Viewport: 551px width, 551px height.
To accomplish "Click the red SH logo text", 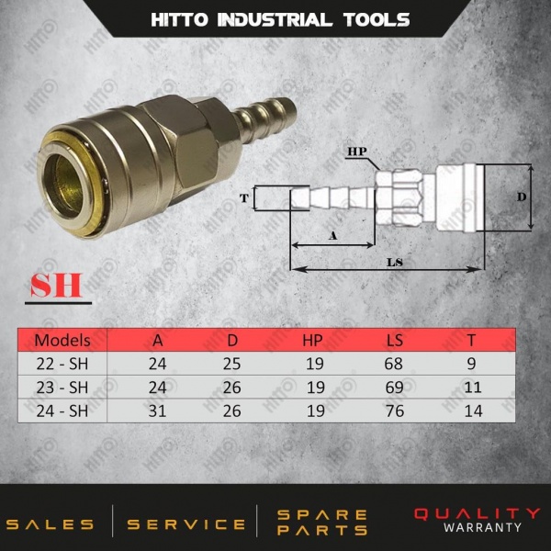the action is (56, 285).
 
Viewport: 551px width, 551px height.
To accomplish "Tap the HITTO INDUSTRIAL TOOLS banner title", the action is (280, 19).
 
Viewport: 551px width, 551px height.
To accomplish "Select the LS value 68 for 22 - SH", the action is (393, 364).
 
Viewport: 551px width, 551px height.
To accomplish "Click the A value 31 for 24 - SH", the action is (157, 410).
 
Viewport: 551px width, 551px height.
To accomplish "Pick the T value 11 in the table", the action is (472, 388).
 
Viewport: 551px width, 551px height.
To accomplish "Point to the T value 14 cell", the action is (473, 410).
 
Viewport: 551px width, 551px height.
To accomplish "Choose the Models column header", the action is (62, 340).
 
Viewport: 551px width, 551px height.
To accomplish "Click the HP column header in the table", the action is (312, 340).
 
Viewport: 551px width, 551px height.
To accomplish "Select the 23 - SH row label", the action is (62, 388).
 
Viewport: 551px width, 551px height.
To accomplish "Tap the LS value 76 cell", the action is (395, 410).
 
